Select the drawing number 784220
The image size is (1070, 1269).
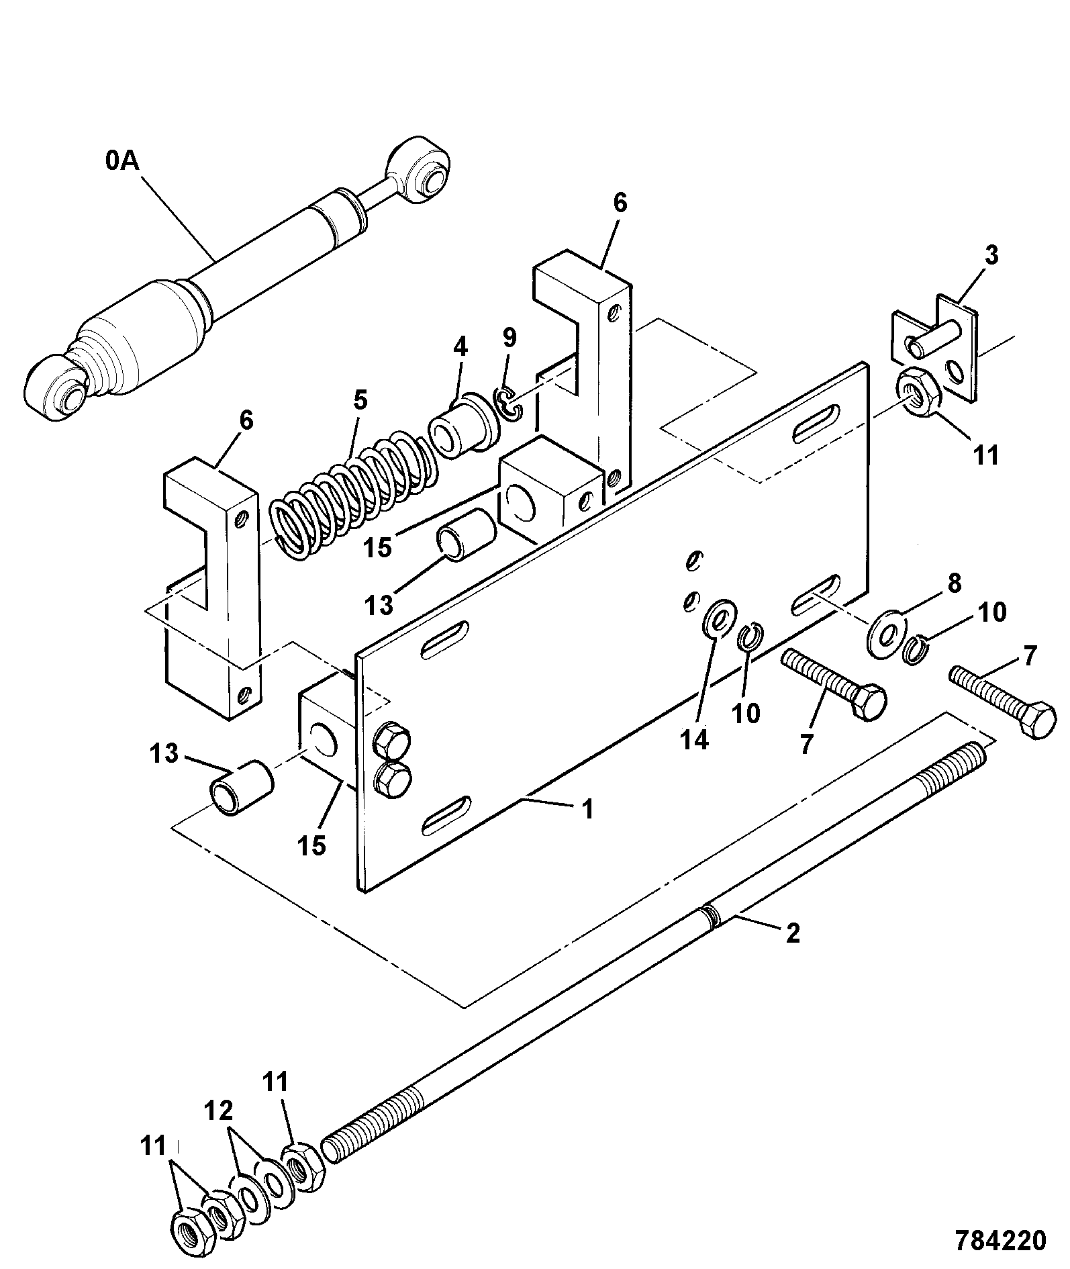(x=1000, y=1240)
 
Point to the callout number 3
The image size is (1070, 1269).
(x=991, y=255)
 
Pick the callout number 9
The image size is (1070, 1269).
(x=509, y=338)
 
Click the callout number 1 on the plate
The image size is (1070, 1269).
(x=586, y=809)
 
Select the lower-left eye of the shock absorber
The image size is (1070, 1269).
(x=56, y=390)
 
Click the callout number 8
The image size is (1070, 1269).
(x=954, y=583)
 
